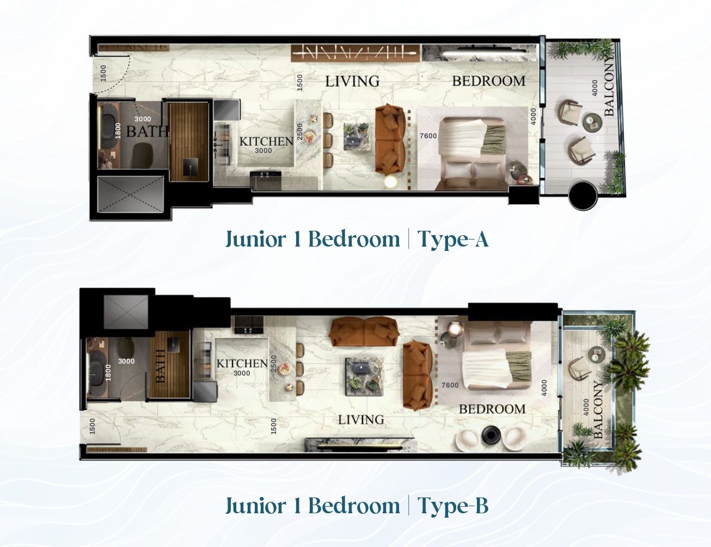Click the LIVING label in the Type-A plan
click(x=352, y=81)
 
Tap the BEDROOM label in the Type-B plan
click(x=492, y=409)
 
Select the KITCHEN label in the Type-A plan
click(x=266, y=142)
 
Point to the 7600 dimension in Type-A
click(x=428, y=136)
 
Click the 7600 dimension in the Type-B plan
click(x=450, y=385)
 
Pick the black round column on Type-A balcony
click(x=583, y=196)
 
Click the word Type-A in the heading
click(x=453, y=239)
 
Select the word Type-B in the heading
click(x=453, y=506)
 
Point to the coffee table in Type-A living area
click(x=357, y=137)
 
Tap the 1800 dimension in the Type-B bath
click(x=108, y=373)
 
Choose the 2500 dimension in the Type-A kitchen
click(x=300, y=132)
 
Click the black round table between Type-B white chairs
click(x=491, y=436)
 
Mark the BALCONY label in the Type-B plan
click(x=598, y=409)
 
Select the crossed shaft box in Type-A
click(x=131, y=195)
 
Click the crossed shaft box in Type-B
click(x=126, y=312)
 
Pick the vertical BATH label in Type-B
click(x=160, y=366)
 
